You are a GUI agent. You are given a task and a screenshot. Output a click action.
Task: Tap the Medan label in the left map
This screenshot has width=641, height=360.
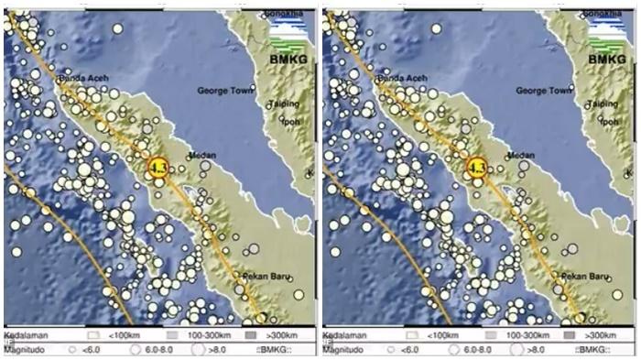coord(201,156)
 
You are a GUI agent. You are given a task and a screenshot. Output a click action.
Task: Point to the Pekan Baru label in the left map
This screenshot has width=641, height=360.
coord(267,276)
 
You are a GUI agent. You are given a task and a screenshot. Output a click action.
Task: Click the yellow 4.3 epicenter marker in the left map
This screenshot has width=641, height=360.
coord(159,167)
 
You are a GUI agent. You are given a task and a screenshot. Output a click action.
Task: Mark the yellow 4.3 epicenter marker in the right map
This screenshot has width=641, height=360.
coord(476,167)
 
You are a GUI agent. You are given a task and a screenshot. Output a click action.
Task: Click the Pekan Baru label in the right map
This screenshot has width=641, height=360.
coord(584,276)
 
